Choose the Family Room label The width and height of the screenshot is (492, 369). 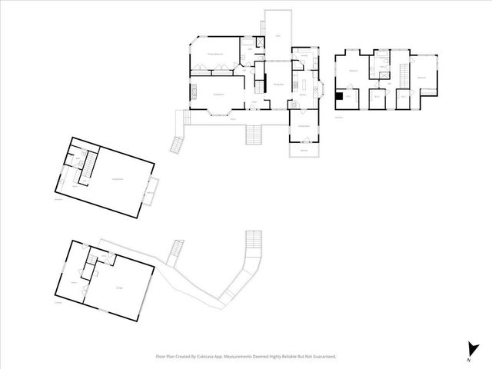click(118, 178)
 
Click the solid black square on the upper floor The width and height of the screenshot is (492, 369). click(340, 96)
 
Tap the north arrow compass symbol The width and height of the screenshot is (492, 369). click(469, 350)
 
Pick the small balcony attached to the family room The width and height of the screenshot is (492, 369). click(151, 191)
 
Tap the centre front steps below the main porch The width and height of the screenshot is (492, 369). click(254, 135)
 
